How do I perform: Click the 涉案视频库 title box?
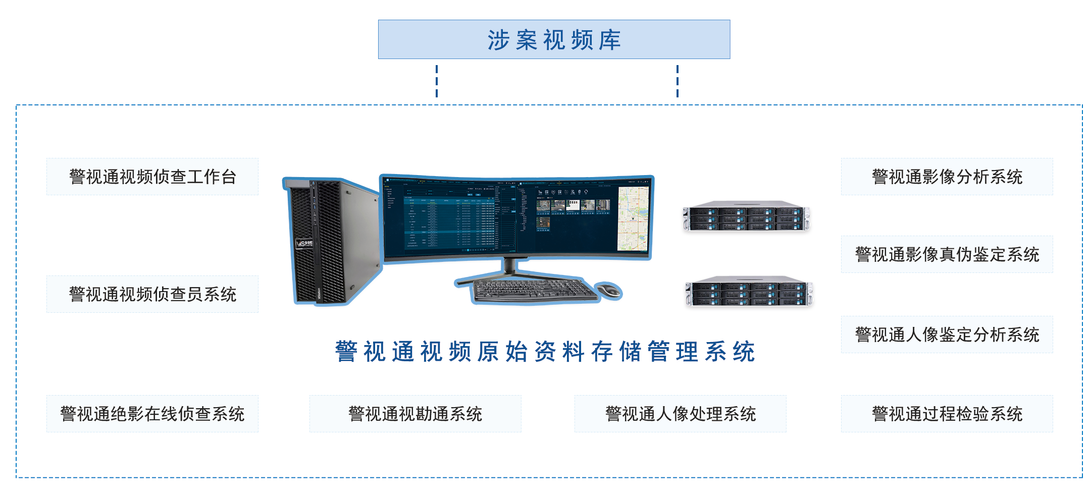pos(554,39)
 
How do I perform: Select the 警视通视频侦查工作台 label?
pos(152,177)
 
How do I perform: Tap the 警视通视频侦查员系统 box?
pos(152,294)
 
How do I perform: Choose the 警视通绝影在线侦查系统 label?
pos(152,414)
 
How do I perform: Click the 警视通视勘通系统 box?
pos(415,414)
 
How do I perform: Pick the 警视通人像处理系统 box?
pos(680,414)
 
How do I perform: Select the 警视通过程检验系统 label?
pos(947,414)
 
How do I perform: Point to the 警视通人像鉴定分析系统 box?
pos(947,335)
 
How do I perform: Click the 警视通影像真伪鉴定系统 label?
pos(947,254)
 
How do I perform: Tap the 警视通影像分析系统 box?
pos(947,177)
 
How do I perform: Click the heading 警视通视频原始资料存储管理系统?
pos(545,352)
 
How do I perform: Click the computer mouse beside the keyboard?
pos(609,290)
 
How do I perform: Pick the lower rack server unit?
pos(749,291)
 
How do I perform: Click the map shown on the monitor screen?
pos(633,218)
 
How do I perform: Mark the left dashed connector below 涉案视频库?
pos(437,81)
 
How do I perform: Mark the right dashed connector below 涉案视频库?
pos(677,81)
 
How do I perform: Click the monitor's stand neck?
pos(510,265)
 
